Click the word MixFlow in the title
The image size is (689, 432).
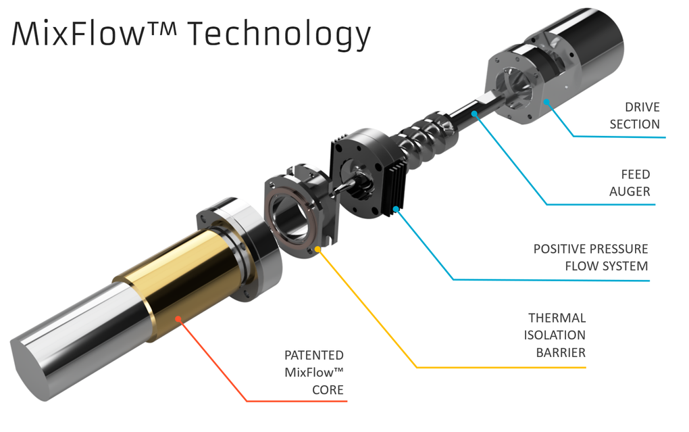tap(78, 33)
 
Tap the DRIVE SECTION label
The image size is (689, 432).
tap(634, 116)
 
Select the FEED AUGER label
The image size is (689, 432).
tap(630, 183)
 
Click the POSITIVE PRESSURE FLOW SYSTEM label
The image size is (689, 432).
tap(590, 258)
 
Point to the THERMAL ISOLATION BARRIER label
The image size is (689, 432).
tap(555, 335)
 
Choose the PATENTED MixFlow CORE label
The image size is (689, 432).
tap(313, 373)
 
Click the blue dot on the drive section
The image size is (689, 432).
tap(546, 102)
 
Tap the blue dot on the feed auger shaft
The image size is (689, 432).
tap(474, 114)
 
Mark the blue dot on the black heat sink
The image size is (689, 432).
tap(396, 209)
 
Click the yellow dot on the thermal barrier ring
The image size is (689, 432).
tap(317, 249)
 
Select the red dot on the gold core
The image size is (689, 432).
tap(178, 318)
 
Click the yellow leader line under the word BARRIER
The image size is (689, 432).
tap(501, 367)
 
